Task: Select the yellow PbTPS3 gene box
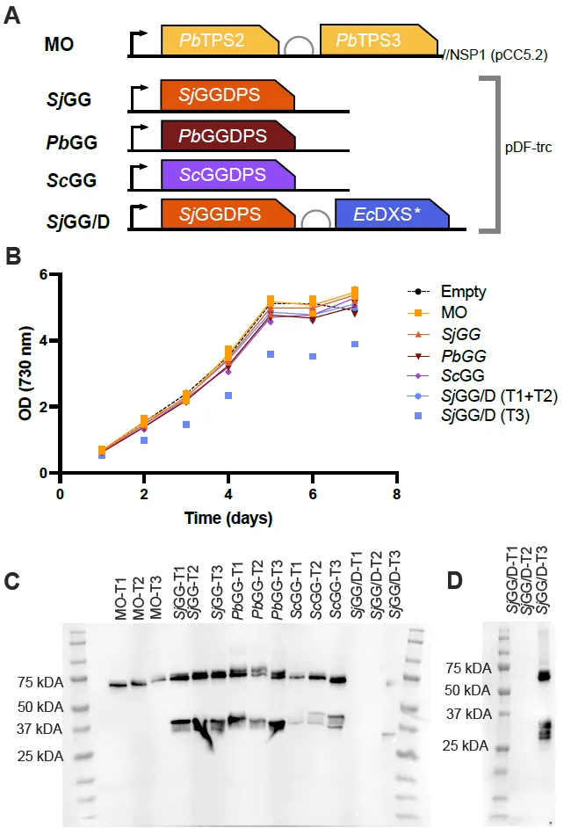[379, 40]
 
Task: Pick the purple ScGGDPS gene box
[227, 175]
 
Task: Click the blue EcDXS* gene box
[391, 214]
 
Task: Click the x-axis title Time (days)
[228, 517]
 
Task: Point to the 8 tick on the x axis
[397, 493]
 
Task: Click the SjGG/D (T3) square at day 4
[228, 396]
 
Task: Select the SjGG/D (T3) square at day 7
[355, 344]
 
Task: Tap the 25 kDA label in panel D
[463, 745]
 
